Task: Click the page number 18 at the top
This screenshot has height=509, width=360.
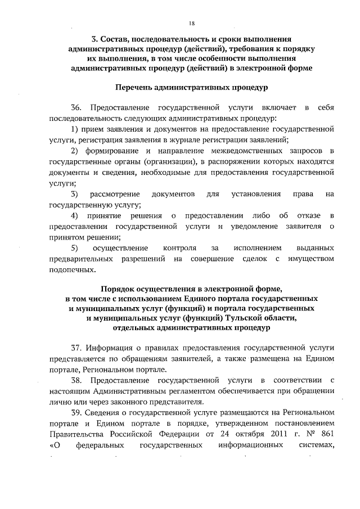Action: tap(192, 23)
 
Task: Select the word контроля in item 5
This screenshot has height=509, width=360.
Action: tap(179, 248)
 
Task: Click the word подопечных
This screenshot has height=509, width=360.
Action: tap(72, 269)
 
